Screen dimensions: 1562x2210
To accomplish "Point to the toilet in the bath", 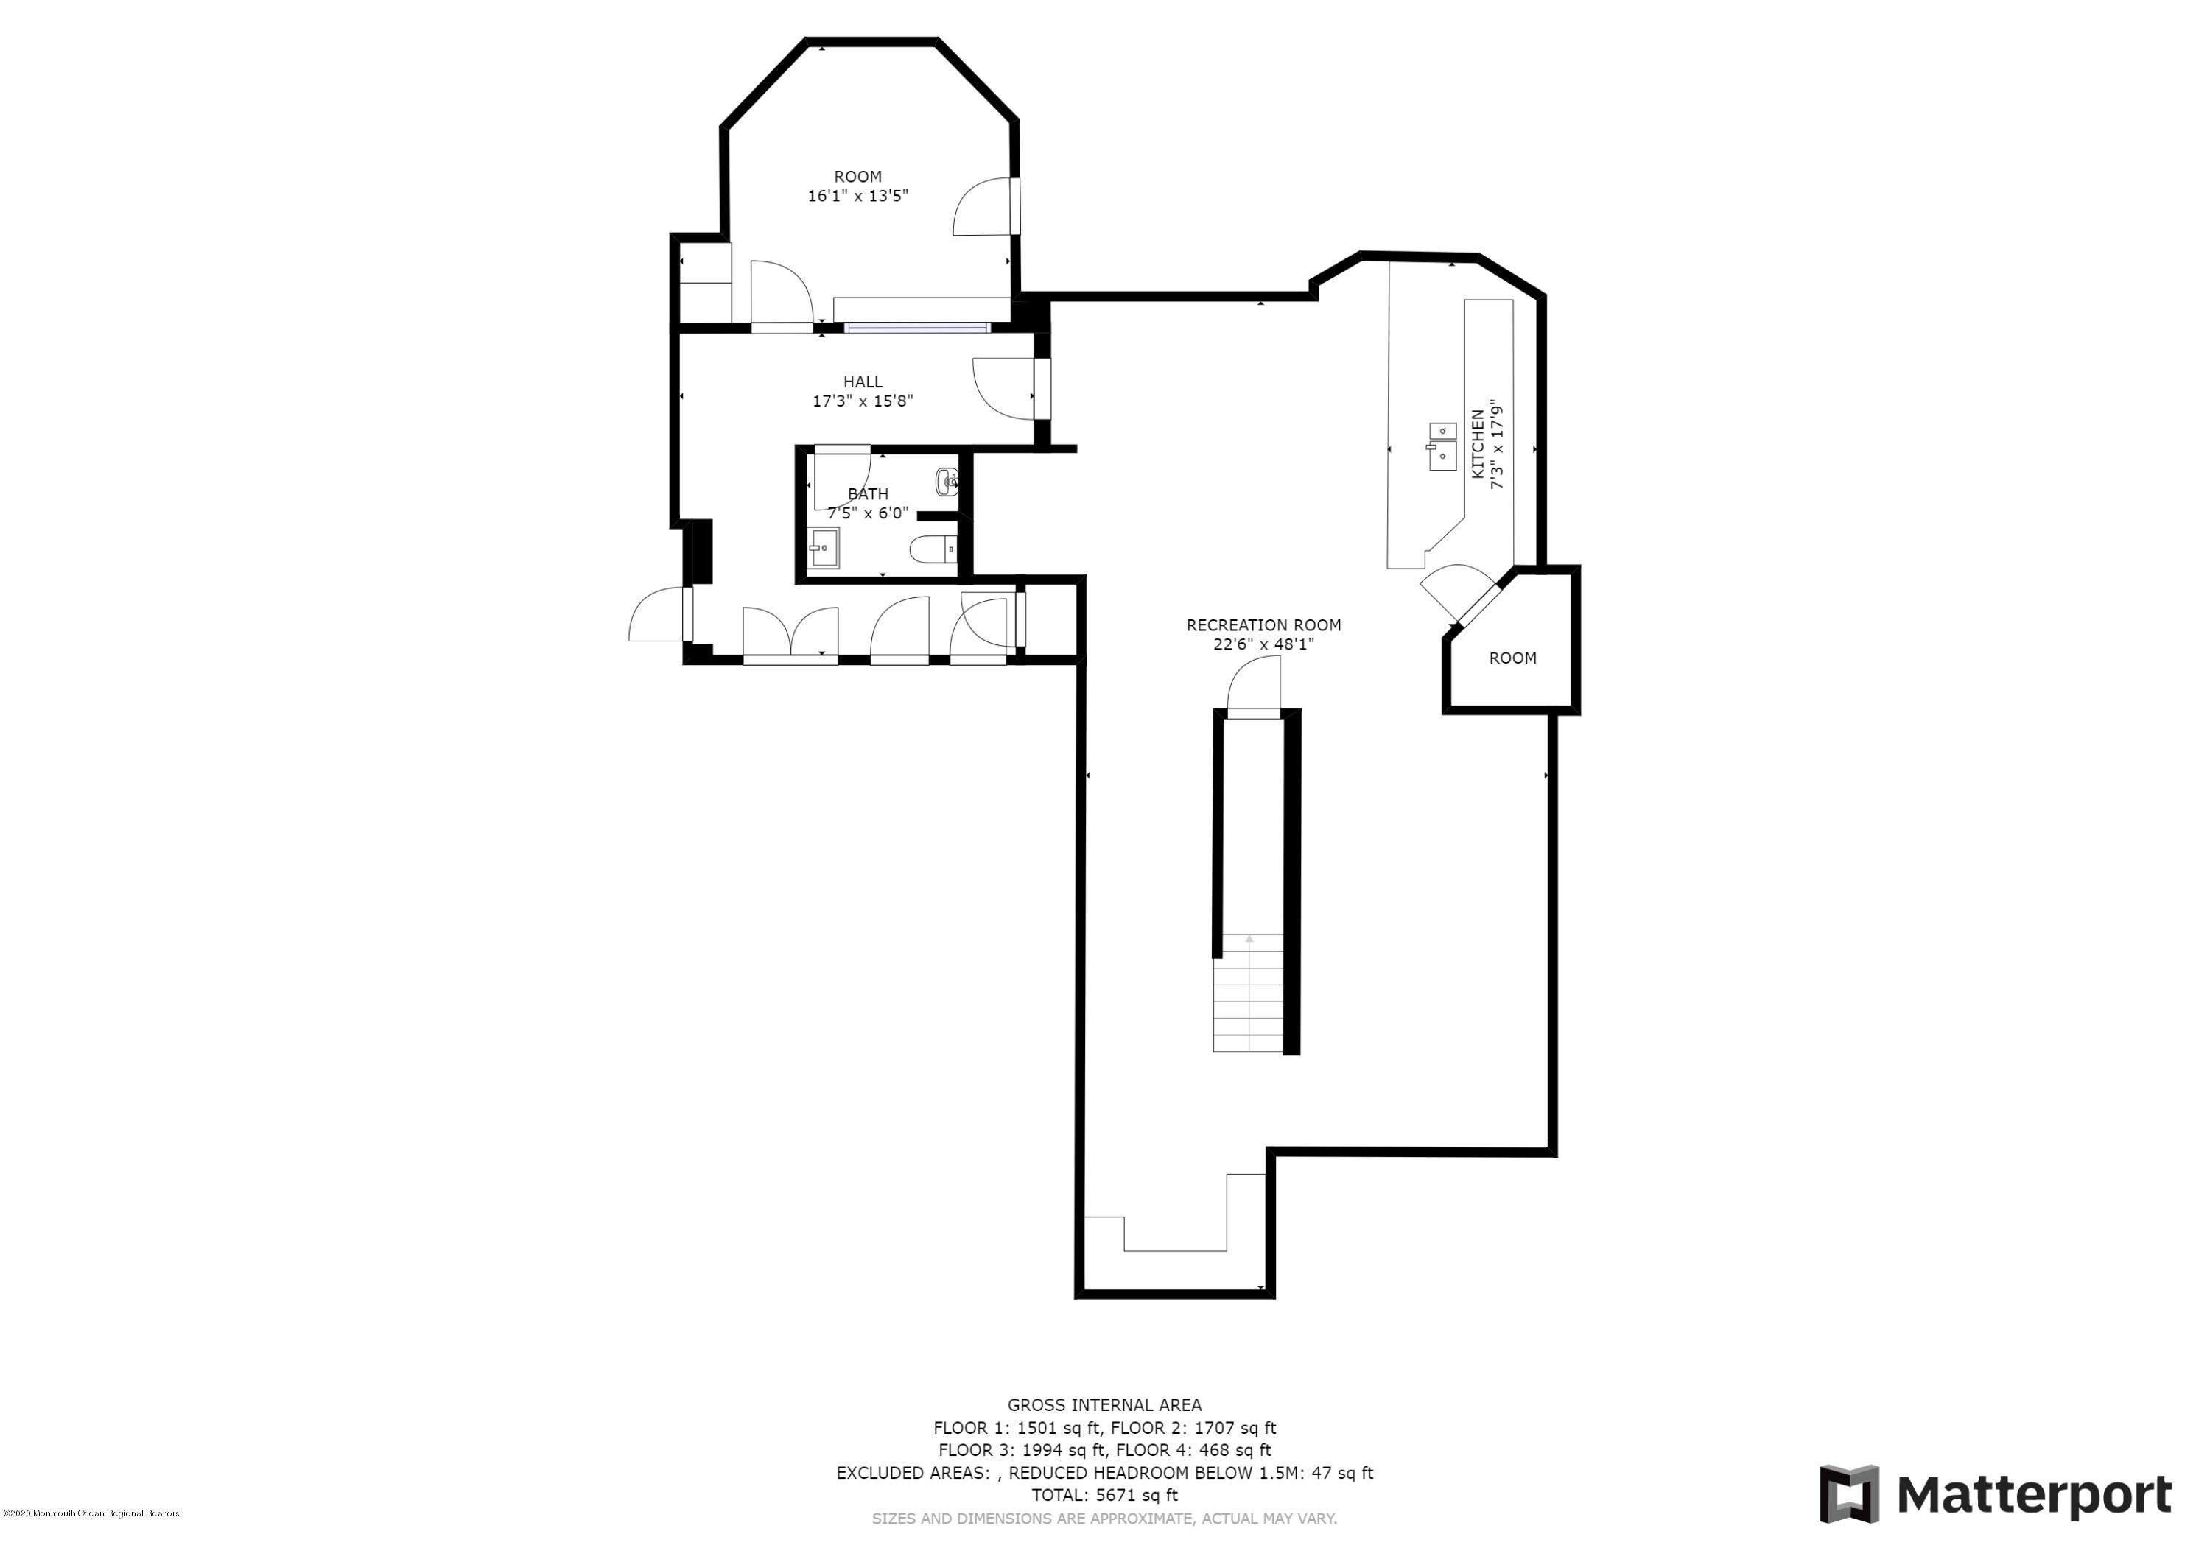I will tap(932, 549).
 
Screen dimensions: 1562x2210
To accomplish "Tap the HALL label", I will tap(863, 382).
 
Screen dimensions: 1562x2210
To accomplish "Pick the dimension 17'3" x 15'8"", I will tap(863, 401).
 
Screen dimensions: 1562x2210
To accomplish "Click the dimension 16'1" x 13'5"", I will tap(857, 195).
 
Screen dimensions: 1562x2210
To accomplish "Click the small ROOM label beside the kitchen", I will tap(1512, 658).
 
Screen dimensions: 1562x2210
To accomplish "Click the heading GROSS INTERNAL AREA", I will tap(1104, 1405).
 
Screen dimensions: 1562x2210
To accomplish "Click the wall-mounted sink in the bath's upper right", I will tap(947, 481).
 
